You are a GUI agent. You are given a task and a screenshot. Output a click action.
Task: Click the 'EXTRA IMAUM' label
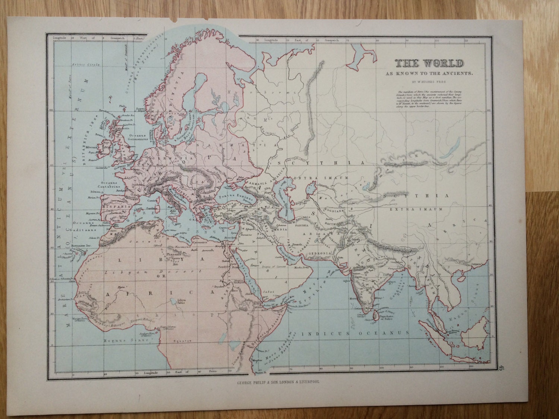[x=416, y=210]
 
